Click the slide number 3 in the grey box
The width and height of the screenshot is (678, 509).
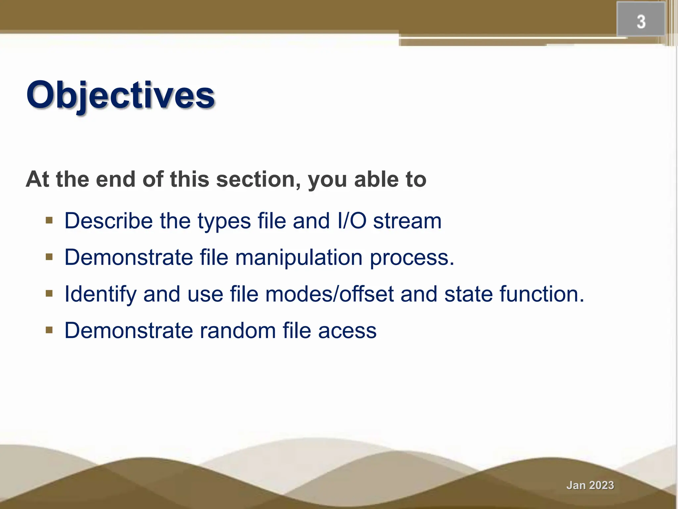point(641,22)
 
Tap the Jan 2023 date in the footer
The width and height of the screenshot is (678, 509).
point(590,485)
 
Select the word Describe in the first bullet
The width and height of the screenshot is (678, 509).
point(109,221)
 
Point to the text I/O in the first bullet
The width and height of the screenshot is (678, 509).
point(352,221)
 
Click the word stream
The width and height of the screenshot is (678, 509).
point(407,221)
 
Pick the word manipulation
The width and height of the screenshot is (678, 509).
point(299,258)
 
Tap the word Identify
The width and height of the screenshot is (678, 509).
point(100,294)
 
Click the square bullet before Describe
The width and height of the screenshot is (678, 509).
point(49,220)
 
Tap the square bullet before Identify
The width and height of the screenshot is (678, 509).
point(49,293)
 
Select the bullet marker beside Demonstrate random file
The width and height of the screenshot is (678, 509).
point(49,330)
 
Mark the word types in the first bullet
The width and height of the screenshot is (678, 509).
point(224,221)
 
